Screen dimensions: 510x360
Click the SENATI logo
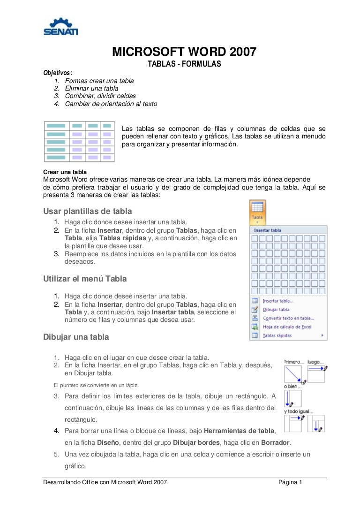click(x=60, y=27)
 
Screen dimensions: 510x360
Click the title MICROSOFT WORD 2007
click(x=184, y=52)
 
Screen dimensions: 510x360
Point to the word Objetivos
click(x=58, y=73)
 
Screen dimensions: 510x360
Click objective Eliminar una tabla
click(x=91, y=88)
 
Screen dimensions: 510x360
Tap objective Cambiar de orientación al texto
click(x=111, y=104)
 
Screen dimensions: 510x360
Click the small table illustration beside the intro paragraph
click(x=79, y=141)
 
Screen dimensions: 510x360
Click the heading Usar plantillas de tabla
click(x=88, y=211)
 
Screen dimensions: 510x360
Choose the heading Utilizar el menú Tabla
click(x=85, y=279)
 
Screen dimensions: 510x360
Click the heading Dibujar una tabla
click(x=76, y=337)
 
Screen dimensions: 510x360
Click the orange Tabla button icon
click(x=257, y=211)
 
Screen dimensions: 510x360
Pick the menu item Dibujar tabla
click(x=276, y=310)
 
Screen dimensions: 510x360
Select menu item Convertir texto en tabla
click(x=288, y=318)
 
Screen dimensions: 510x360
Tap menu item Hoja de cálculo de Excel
click(x=287, y=327)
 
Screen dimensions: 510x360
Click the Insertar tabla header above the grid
click(x=268, y=230)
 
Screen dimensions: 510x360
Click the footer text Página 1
click(x=290, y=482)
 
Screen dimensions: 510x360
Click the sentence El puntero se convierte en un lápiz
click(x=96, y=385)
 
